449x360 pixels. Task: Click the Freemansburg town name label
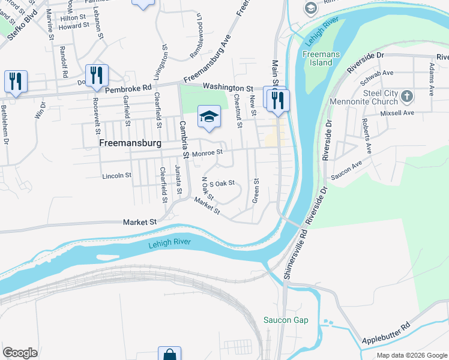(x=131, y=144)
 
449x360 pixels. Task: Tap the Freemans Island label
(x=321, y=58)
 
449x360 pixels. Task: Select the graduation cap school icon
(x=209, y=116)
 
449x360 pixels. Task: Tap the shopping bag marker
(x=169, y=355)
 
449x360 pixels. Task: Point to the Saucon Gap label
(x=286, y=320)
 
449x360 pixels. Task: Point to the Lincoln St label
(x=116, y=176)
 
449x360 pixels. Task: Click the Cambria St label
(x=184, y=140)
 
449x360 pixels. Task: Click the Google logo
(x=20, y=353)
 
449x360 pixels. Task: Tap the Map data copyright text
(x=411, y=355)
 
